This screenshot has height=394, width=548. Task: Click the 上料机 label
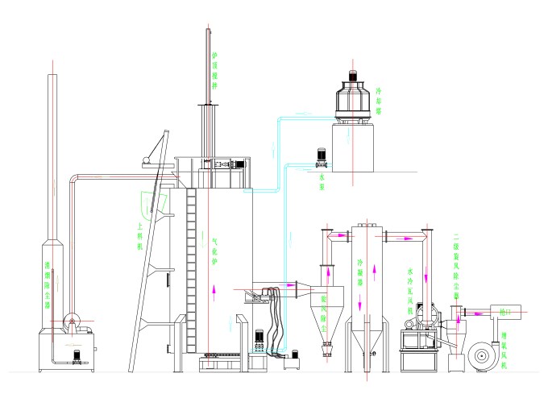click(x=142, y=238)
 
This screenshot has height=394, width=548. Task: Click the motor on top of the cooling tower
click(x=352, y=77)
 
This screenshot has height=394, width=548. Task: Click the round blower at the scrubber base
click(x=73, y=322)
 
